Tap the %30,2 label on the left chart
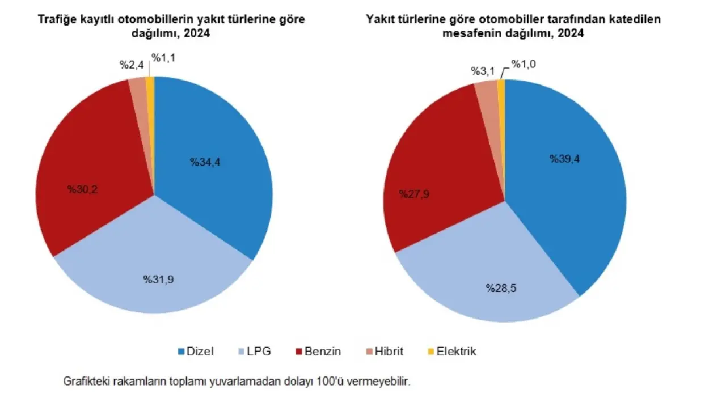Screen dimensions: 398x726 pyautogui.click(x=82, y=189)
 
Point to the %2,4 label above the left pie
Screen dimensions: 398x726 pyautogui.click(x=132, y=65)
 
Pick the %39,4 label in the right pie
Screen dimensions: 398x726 pyautogui.click(x=564, y=159)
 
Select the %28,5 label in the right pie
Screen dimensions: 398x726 pyautogui.click(x=501, y=288)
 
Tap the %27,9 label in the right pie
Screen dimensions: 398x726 pyautogui.click(x=414, y=194)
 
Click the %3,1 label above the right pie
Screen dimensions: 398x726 pyautogui.click(x=483, y=71)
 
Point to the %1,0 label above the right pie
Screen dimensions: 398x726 pyautogui.click(x=524, y=64)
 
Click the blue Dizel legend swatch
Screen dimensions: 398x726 pyautogui.click(x=182, y=352)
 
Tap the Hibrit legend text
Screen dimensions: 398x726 pyautogui.click(x=389, y=352)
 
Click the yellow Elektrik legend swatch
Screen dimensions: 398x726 pyautogui.click(x=430, y=352)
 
